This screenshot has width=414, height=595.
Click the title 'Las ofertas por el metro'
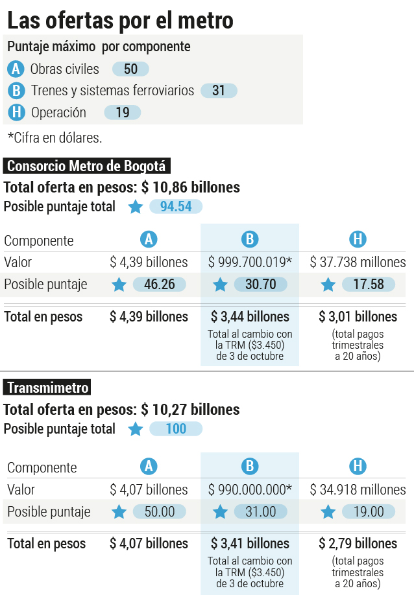point(120,21)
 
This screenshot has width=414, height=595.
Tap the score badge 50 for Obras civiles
point(130,69)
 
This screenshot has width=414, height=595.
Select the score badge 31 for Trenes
point(219,91)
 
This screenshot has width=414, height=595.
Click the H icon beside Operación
point(16,113)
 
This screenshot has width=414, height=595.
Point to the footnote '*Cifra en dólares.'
point(55,138)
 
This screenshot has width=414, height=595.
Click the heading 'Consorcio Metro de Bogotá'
point(86,166)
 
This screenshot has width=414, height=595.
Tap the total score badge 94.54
point(176,207)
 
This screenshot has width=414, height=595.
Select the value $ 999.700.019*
point(250,262)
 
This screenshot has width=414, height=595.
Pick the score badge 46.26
point(160,285)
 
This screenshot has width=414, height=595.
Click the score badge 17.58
point(369,285)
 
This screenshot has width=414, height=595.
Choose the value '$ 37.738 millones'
point(358,262)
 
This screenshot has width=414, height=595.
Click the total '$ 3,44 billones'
point(250,317)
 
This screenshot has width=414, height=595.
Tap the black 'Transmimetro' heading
point(47,388)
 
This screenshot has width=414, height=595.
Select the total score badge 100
point(176,429)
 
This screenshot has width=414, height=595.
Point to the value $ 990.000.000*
point(250,489)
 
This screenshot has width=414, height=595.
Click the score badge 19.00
point(369,511)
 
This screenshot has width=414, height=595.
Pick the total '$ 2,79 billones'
point(358,544)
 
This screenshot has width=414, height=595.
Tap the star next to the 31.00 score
point(220,512)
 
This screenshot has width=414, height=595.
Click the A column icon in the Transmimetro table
point(149,467)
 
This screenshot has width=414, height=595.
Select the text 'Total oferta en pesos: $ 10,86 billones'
point(121,187)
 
